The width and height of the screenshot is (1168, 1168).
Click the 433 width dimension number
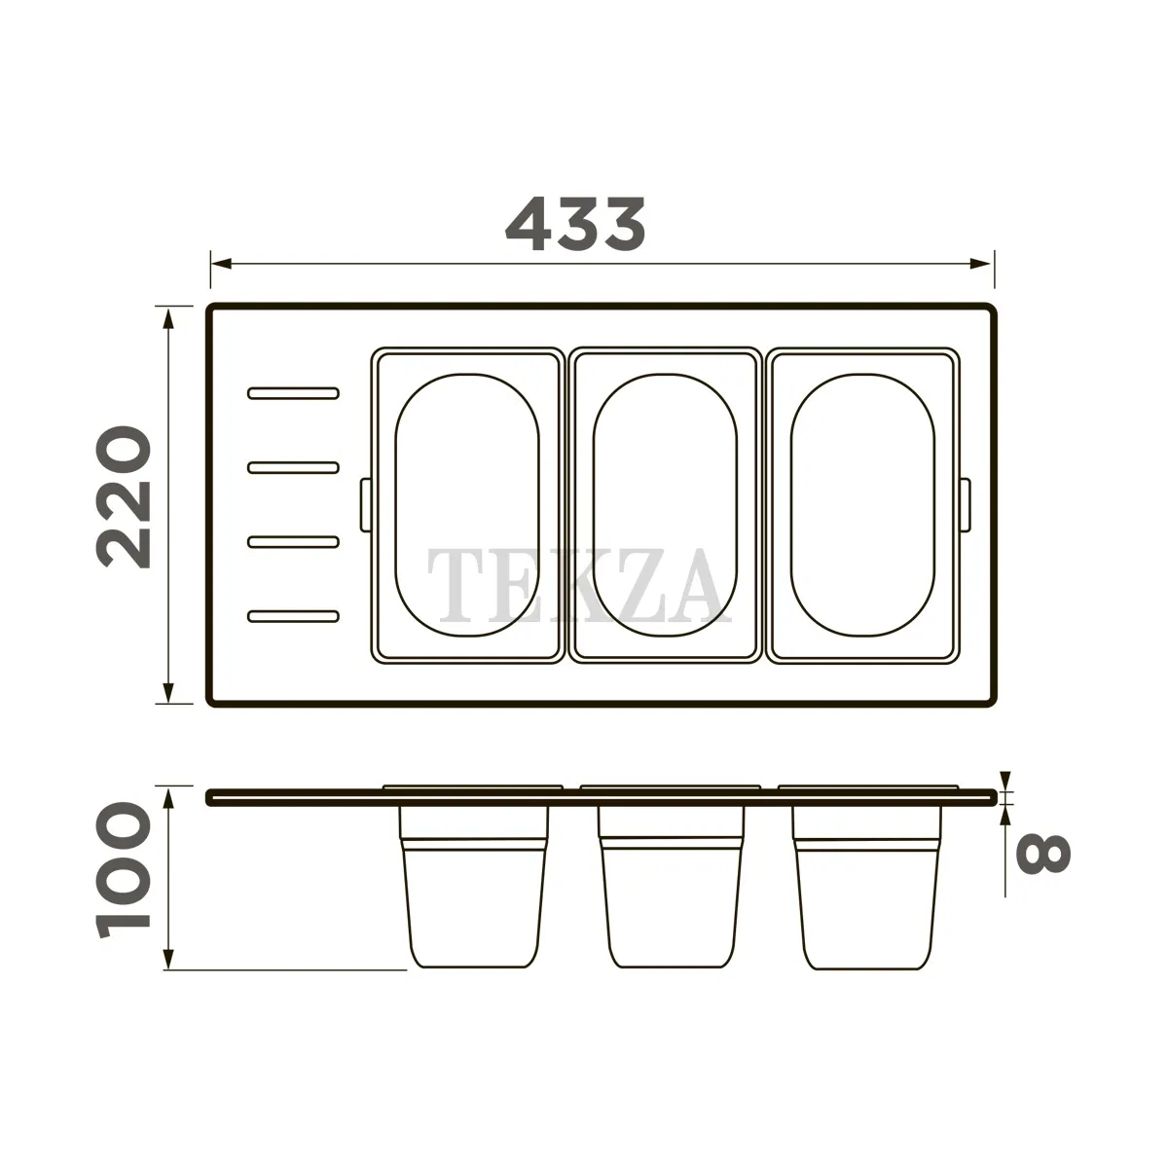click(575, 224)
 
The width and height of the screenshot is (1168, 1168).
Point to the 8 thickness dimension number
click(1042, 854)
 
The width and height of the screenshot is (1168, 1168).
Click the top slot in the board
click(293, 393)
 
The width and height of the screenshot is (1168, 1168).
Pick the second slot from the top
click(293, 467)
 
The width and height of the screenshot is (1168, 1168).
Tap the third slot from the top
click(293, 541)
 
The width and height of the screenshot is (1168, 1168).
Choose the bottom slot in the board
click(293, 616)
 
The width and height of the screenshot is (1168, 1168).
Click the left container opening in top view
click(467, 505)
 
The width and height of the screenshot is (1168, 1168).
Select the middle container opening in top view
click(665, 505)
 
